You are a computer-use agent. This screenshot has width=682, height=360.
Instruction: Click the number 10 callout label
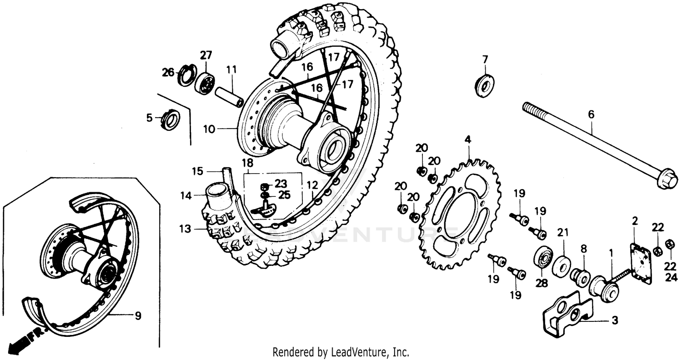tap(209, 129)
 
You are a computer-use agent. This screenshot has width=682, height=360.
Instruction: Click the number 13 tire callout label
tap(185, 230)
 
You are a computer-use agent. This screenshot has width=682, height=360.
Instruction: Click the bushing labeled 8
tap(581, 275)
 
